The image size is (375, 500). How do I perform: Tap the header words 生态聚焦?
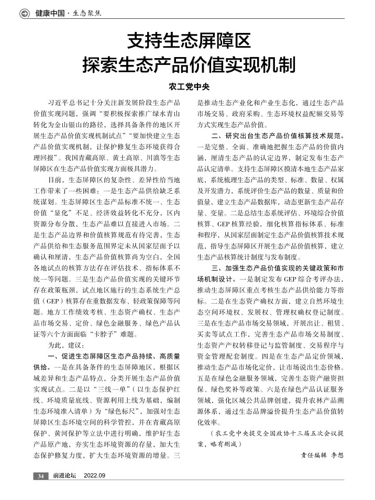pos(87,13)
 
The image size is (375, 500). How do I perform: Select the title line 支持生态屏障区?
pos(187,41)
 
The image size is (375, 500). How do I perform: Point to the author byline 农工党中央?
pos(187,86)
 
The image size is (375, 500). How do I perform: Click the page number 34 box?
pos(40,475)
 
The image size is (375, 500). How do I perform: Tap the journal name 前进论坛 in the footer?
pos(64,475)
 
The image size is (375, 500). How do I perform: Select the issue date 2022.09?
pos(95,475)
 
